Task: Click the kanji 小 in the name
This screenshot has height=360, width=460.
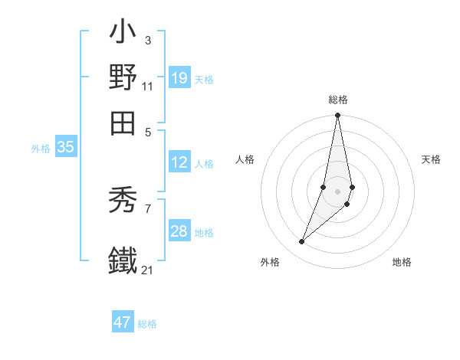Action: pos(123,34)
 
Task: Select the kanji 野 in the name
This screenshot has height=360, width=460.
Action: pos(123,77)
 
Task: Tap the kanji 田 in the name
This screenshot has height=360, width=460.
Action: pos(123,121)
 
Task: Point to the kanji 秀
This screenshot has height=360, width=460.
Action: pos(123,201)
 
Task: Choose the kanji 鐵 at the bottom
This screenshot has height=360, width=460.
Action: pos(123,260)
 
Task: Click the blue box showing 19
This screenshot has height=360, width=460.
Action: pos(179,78)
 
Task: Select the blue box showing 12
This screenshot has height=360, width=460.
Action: pos(179,162)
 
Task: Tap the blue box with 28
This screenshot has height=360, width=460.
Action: pos(179,231)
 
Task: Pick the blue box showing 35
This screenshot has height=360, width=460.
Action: pos(65,148)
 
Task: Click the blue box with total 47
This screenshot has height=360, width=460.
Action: pos(123,322)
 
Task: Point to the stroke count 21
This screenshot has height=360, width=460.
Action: pos(147,270)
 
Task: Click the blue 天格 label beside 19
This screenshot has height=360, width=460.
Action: pos(204,80)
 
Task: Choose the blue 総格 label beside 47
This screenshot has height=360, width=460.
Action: pos(147,324)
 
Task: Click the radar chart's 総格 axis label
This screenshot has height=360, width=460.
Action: pos(337,100)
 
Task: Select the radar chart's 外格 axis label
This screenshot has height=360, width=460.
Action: pos(270,262)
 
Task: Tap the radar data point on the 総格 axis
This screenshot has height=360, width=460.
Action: pos(337,116)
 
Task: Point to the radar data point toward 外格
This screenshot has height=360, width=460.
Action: pos(302,242)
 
